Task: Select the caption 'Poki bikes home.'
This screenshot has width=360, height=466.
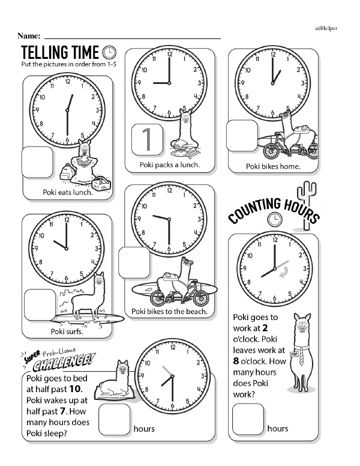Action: click(x=273, y=166)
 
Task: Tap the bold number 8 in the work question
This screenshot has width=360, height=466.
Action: click(x=236, y=362)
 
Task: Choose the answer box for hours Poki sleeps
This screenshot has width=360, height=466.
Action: click(x=115, y=419)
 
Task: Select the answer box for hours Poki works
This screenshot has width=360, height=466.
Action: click(x=248, y=419)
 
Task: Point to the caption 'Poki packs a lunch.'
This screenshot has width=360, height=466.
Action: click(x=170, y=165)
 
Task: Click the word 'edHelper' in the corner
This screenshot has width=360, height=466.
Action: click(x=326, y=28)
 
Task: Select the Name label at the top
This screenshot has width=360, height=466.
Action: click(x=29, y=37)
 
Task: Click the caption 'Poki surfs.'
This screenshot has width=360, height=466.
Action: click(x=66, y=331)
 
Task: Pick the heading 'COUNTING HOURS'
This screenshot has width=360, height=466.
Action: click(x=273, y=210)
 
